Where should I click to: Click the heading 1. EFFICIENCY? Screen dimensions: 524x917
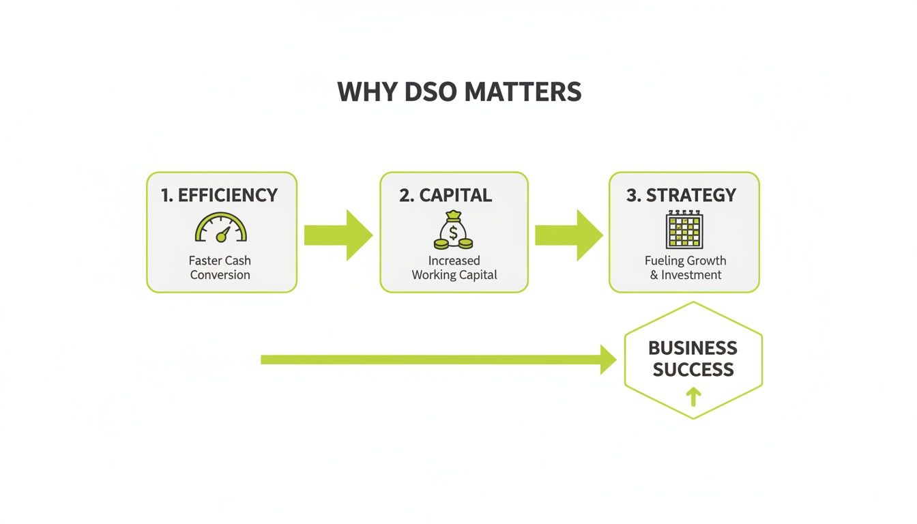[220, 195]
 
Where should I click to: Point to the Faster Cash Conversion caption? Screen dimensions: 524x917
[220, 267]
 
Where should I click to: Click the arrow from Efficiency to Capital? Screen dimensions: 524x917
[338, 235]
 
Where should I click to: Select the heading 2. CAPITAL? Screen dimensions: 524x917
[446, 195]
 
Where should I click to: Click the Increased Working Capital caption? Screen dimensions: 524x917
[454, 267]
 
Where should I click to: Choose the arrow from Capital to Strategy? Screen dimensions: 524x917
[569, 235]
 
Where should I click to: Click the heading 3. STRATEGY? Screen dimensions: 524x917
[682, 195]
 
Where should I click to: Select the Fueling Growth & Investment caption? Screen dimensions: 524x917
[685, 267]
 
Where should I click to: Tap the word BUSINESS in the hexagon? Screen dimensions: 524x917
[693, 348]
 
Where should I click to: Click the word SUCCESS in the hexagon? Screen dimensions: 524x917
[693, 370]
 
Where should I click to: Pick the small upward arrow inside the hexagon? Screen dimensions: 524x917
[693, 396]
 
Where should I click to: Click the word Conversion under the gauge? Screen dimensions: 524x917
[220, 275]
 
